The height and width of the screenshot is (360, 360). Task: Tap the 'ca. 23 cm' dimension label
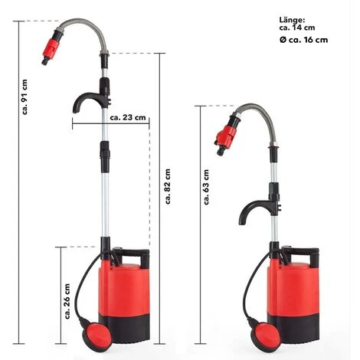125,119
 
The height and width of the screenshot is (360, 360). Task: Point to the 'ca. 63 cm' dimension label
207,188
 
